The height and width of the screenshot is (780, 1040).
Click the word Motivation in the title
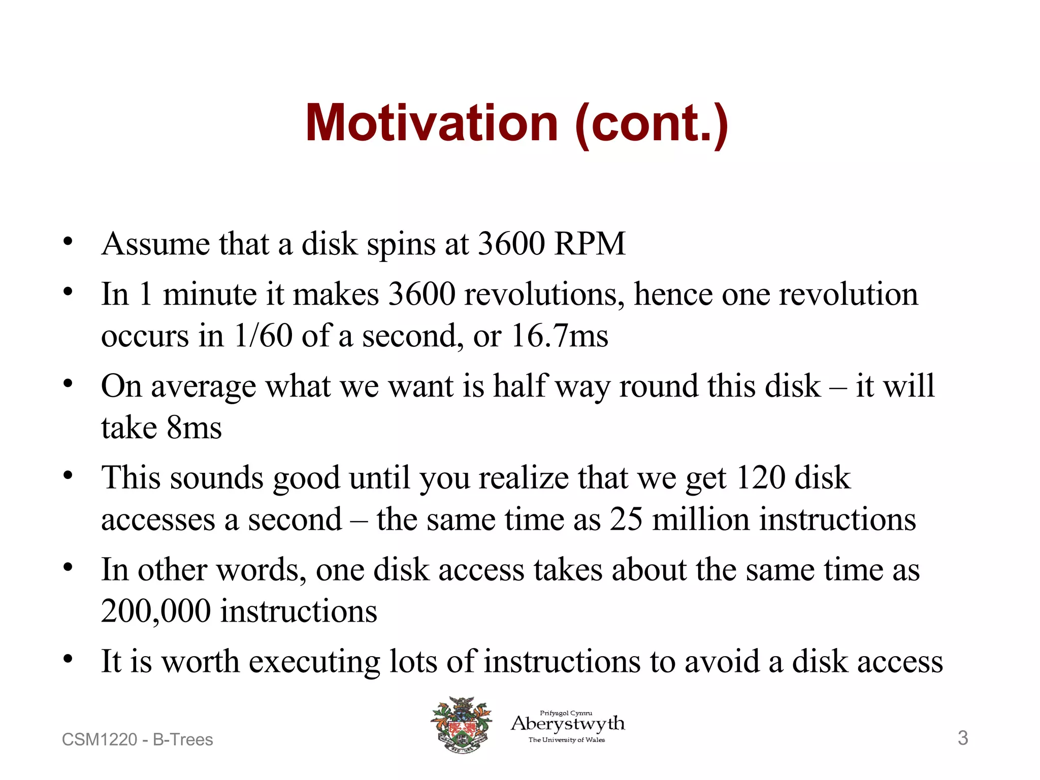[432, 123]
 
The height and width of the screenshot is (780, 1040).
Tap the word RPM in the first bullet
[590, 244]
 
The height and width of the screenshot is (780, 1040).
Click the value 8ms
[194, 428]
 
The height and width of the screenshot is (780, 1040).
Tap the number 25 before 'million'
[626, 519]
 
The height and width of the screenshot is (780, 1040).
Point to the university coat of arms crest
[461, 725]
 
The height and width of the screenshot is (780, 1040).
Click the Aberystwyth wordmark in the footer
[568, 724]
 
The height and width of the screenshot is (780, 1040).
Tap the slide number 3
[962, 738]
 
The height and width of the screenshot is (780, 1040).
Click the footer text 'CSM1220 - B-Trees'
[137, 740]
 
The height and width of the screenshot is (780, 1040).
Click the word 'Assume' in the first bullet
[155, 244]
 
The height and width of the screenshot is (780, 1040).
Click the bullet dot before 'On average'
[68, 383]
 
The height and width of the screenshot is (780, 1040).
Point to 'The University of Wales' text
[567, 740]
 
